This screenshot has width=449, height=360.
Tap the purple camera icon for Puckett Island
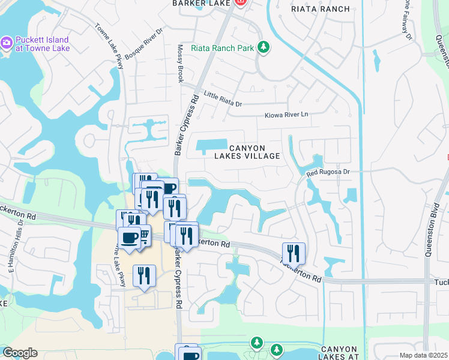click(7, 43)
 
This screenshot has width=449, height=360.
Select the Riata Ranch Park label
click(223, 47)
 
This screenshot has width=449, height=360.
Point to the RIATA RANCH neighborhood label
click(320, 9)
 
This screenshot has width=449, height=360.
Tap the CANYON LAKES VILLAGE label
click(247, 152)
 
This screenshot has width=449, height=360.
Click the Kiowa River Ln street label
click(286, 115)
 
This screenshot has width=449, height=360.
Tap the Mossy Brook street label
click(179, 63)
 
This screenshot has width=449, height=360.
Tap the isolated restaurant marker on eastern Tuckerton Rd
click(294, 252)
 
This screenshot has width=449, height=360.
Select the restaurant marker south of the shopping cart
click(144, 276)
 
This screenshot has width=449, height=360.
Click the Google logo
click(19, 353)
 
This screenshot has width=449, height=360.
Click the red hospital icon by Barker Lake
click(240, 2)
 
